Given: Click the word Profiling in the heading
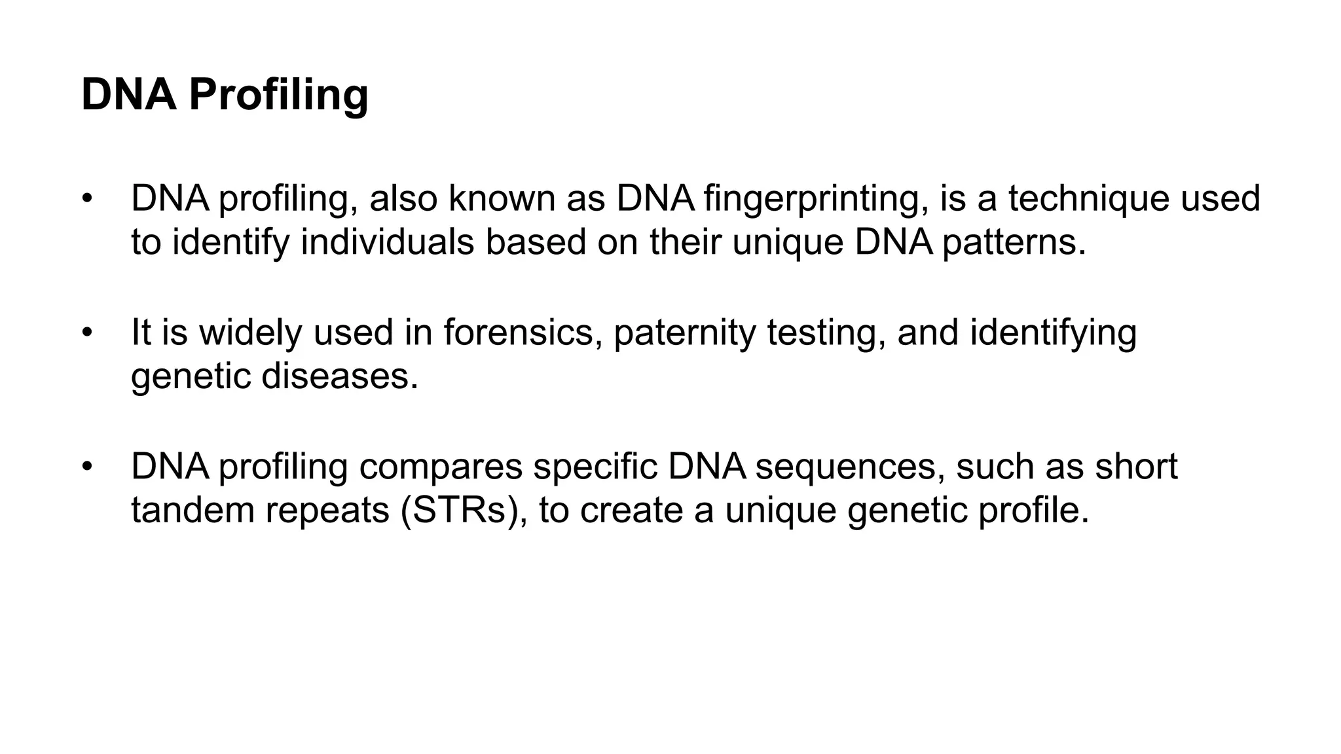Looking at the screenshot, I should tap(278, 95).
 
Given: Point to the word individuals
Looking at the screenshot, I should tap(387, 242).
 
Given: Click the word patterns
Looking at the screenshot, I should tap(1014, 242).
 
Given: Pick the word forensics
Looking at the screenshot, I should tap(523, 332).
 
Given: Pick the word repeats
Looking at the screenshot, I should tap(327, 511).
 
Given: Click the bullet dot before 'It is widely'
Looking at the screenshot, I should tap(88, 332).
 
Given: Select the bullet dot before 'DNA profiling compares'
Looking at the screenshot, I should tap(88, 467).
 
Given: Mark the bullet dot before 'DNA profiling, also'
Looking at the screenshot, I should tap(88, 198).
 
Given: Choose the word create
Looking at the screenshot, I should tap(631, 511).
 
